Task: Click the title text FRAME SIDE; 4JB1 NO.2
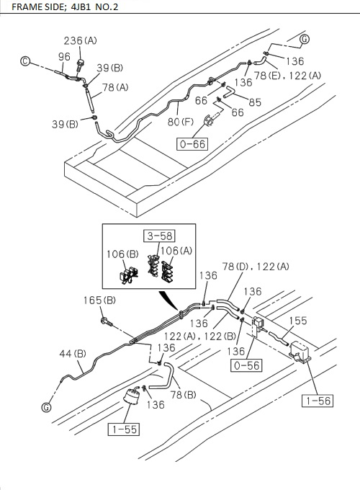click(63, 7)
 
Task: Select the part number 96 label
click(65, 56)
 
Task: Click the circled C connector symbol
click(24, 63)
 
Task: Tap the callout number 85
click(255, 102)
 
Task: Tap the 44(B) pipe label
click(72, 353)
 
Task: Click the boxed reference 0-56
click(246, 365)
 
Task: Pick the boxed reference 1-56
click(316, 400)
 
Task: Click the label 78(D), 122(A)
click(256, 267)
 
